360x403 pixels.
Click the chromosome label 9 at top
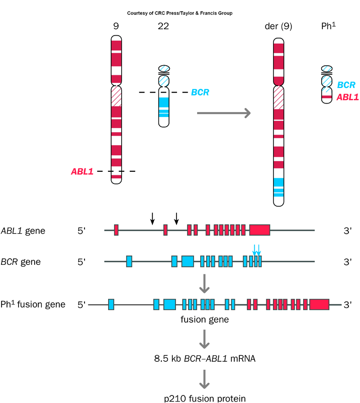point(116,26)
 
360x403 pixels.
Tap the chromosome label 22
point(163,26)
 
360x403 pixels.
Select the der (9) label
point(279,26)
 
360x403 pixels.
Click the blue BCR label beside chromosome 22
point(200,92)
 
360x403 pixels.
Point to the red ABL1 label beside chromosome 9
point(82,171)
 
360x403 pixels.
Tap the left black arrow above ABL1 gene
point(152,218)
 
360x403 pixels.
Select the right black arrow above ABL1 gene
point(176,218)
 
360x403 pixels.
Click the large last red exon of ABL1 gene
point(259,230)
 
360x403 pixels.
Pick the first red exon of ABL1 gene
point(116,230)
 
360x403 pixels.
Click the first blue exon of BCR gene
point(129,261)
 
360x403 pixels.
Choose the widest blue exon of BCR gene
point(188,261)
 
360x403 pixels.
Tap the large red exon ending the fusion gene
point(319,304)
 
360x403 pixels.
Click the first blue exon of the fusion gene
point(111,304)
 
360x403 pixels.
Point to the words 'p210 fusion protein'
point(205,398)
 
